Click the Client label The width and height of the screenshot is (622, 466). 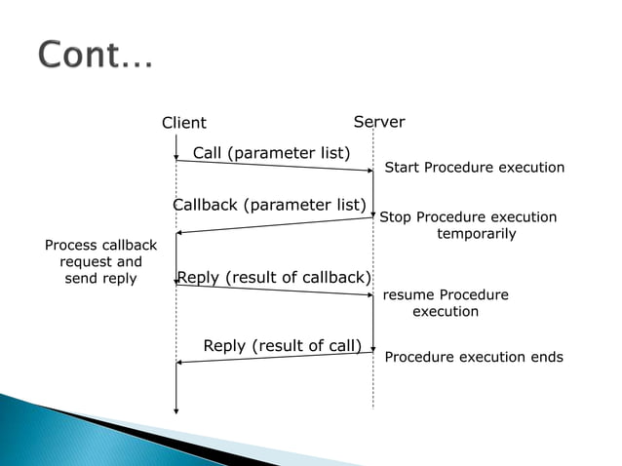(183, 123)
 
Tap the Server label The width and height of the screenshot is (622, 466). (378, 122)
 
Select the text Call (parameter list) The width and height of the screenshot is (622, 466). (271, 152)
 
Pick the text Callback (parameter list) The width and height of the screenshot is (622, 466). (269, 205)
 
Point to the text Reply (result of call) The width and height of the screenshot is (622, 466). (283, 346)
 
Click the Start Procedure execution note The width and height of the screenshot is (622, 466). (474, 168)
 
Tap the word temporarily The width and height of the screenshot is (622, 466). (476, 234)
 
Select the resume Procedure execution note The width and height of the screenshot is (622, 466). (445, 303)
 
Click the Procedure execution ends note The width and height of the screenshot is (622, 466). (474, 357)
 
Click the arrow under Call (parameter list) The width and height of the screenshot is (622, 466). (274, 166)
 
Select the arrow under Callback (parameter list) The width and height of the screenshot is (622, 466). (274, 225)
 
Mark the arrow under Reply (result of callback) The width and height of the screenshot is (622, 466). (274, 290)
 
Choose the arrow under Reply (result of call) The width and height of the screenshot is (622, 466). (274, 358)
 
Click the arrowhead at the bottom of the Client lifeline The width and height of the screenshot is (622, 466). (175, 409)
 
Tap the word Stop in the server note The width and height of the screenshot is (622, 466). (395, 217)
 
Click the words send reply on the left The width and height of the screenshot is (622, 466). (100, 279)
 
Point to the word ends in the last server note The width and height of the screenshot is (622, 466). (545, 357)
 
